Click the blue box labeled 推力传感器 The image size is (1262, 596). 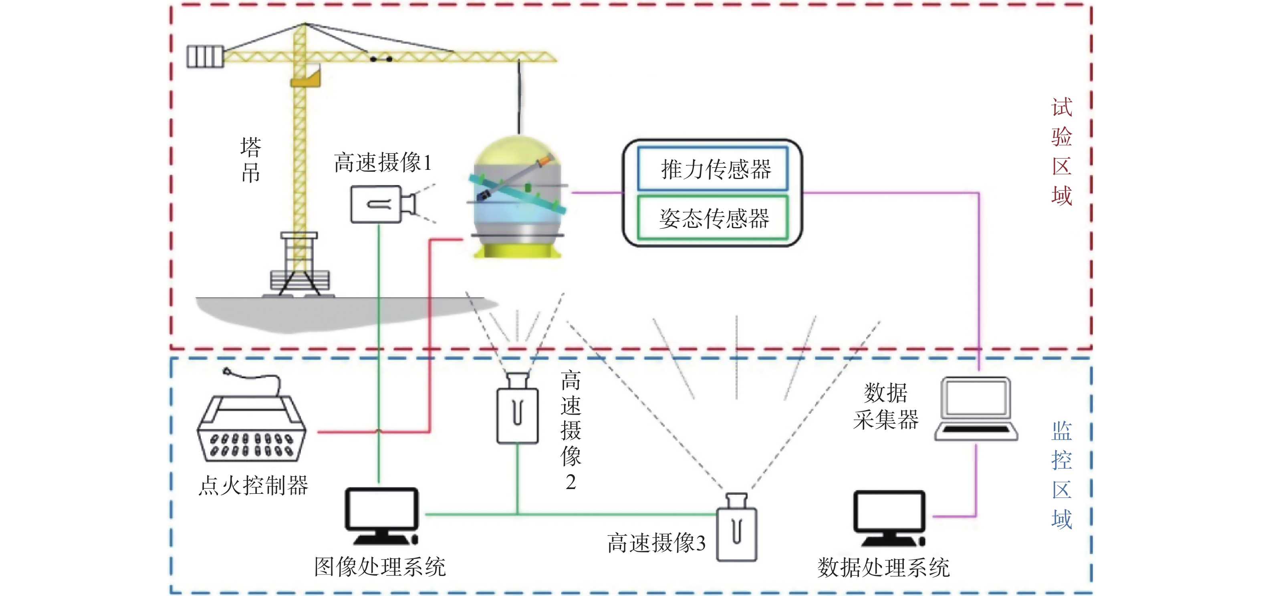[713, 168]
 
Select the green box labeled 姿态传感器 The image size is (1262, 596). [713, 218]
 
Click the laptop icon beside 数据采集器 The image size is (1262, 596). [976, 409]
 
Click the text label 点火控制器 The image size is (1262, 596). [253, 485]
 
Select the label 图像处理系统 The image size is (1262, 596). [380, 567]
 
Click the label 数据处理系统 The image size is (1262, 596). [883, 568]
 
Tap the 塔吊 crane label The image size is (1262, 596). [251, 160]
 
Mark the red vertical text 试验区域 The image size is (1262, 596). [1062, 151]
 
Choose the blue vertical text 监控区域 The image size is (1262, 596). [1062, 475]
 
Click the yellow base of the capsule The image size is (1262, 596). [517, 249]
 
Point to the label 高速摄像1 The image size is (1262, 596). [383, 162]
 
